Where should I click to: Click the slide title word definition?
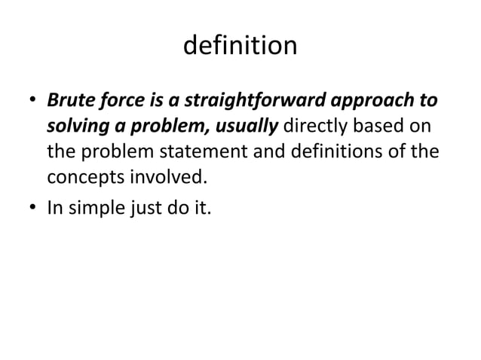pos(240,46)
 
